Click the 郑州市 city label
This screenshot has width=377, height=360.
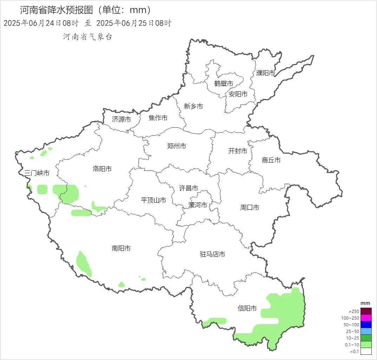coord(176,146)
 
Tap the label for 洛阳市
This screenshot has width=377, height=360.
coord(102,169)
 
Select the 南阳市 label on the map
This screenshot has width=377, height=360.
coord(121,248)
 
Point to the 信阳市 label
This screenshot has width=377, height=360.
coord(247,308)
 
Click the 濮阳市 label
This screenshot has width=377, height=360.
coord(266,73)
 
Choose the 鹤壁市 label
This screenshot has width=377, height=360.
coord(224,84)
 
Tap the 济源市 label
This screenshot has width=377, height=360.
coord(121,119)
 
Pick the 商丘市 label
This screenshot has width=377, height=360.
coord(271,160)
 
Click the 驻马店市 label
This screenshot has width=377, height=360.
coord(212,254)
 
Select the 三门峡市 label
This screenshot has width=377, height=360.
coord(37,173)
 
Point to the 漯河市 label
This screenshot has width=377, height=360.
coord(198,205)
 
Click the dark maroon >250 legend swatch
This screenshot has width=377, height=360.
coord(366,311)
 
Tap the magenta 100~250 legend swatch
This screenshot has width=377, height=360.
coord(366,318)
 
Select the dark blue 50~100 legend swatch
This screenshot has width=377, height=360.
coord(366,325)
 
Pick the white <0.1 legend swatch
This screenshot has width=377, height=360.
coord(366,351)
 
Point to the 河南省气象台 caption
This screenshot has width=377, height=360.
coord(87,37)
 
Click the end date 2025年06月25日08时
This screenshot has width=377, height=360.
coord(134,24)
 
